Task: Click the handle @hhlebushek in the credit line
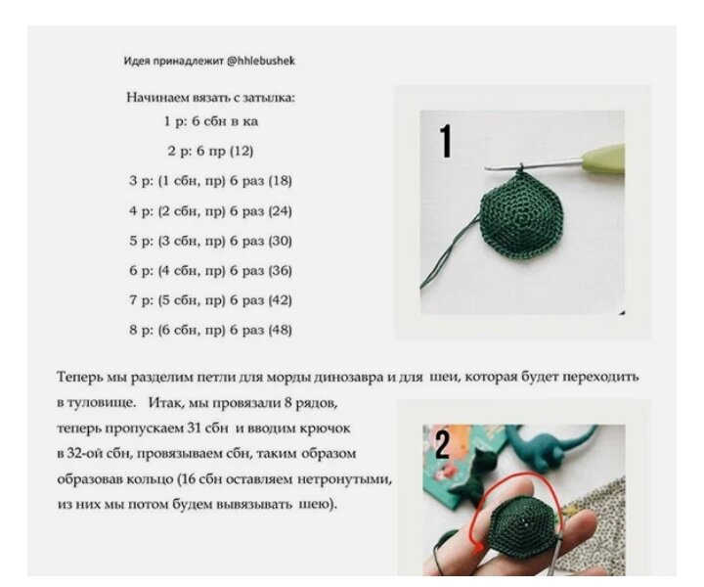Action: [261, 61]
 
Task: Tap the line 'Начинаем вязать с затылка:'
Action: [210, 98]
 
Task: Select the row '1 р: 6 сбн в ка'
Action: [211, 121]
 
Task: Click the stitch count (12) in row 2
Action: [242, 151]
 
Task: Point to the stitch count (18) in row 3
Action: [280, 181]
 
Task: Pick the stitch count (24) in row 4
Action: [280, 211]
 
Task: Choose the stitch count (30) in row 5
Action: [280, 241]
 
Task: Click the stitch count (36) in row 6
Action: [280, 271]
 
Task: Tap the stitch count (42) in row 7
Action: [280, 300]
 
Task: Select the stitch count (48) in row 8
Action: [280, 331]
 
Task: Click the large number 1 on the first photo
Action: [446, 142]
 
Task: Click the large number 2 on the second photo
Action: [442, 445]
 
